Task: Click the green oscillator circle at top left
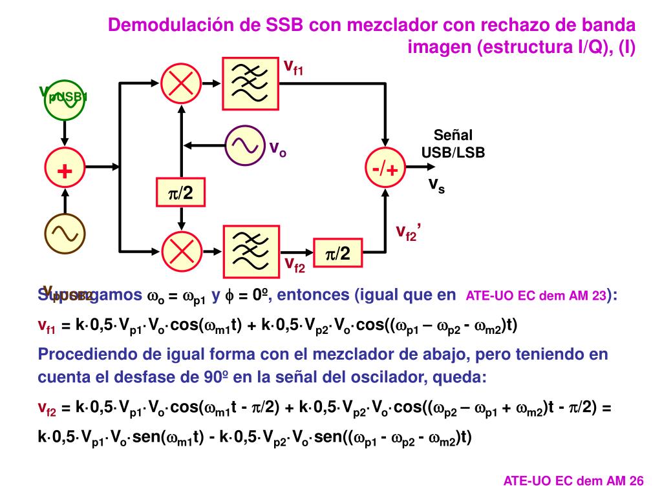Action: click(65, 100)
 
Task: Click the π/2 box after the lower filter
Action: click(337, 254)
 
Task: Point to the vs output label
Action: click(437, 185)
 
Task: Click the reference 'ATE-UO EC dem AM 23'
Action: click(536, 296)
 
